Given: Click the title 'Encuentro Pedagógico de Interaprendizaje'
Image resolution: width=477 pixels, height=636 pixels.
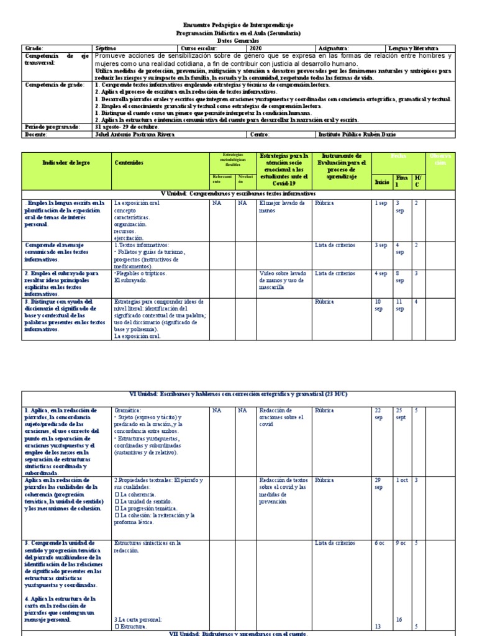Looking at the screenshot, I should pos(238,24).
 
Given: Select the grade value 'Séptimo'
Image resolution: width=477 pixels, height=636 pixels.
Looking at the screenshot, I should pos(106,48).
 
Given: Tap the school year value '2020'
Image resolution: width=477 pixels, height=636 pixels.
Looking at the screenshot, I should pos(257,48).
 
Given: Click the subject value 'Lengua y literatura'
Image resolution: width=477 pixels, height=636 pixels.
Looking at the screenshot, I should pos(412,48).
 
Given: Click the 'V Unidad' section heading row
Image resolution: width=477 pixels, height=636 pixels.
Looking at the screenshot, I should pos(238,194).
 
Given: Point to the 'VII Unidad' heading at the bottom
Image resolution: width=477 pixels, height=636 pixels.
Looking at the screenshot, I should pos(238,632).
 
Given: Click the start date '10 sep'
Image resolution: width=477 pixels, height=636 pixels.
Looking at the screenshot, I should pos(378,305).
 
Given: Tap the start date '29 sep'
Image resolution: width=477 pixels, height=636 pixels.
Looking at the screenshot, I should pos(378,484).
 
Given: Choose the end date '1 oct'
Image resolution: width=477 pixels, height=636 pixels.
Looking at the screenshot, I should pos(402,480).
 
